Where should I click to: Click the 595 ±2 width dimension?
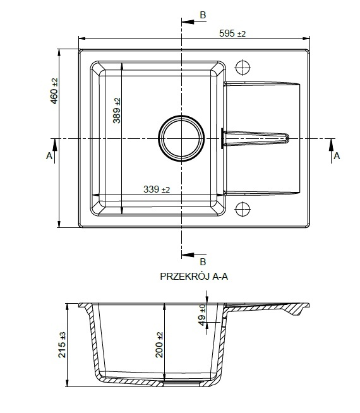[x=232, y=33]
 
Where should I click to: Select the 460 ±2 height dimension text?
[x=54, y=91]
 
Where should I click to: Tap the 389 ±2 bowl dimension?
[x=117, y=111]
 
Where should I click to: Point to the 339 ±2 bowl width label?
[x=157, y=189]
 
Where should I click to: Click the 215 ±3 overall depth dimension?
[x=62, y=345]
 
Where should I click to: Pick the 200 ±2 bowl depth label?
[x=159, y=345]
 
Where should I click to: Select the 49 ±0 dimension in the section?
[x=202, y=315]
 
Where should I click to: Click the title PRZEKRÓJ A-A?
[x=194, y=277]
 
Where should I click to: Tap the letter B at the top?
[x=203, y=15]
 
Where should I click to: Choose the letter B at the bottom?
[x=203, y=262]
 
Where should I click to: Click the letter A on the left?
[x=49, y=156]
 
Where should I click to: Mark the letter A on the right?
[x=337, y=156]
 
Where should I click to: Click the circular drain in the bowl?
[x=181, y=138]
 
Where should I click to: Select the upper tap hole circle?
[x=243, y=68]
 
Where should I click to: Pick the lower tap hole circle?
[x=243, y=209]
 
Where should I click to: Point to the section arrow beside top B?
[x=194, y=22]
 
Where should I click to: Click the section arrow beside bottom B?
[x=194, y=255]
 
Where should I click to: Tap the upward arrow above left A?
[x=55, y=151]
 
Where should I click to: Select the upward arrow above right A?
[x=332, y=151]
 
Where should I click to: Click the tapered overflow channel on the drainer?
[x=255, y=138]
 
